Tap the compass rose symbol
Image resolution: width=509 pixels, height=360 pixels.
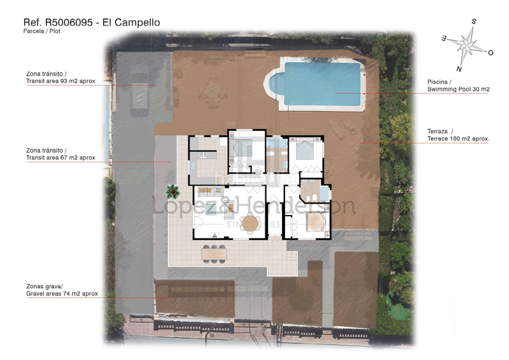coord(468,45)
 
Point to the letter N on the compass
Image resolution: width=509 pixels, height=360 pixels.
coord(459,68)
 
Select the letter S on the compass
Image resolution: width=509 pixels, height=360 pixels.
coord(474,21)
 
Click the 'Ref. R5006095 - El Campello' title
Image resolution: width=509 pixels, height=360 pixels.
coord(92,23)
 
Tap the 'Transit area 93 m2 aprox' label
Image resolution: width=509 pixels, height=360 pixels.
coord(60,81)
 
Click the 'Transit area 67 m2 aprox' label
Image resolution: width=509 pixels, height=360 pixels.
coord(60,157)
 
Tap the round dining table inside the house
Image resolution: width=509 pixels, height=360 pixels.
coord(251,223)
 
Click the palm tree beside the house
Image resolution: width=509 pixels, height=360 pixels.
coord(172,190)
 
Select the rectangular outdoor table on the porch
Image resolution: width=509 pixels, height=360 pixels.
coord(214,253)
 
